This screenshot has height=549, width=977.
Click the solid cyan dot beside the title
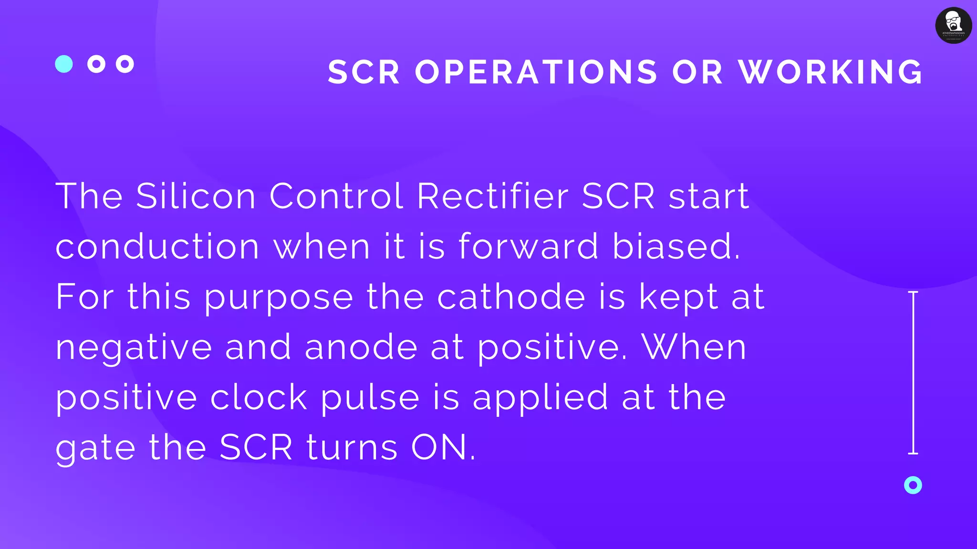click(64, 64)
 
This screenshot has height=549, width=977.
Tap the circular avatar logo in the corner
click(953, 25)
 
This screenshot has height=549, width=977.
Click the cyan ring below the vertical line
click(913, 485)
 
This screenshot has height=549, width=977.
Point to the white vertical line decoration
click(913, 372)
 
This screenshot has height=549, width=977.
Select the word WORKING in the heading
click(831, 72)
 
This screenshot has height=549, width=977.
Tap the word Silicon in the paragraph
click(196, 196)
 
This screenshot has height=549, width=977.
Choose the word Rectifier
click(493, 196)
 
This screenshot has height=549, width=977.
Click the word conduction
click(157, 247)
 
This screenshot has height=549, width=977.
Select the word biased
click(676, 247)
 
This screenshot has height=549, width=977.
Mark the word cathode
click(511, 297)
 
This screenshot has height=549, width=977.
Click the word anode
click(361, 347)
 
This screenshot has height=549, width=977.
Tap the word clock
click(259, 397)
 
